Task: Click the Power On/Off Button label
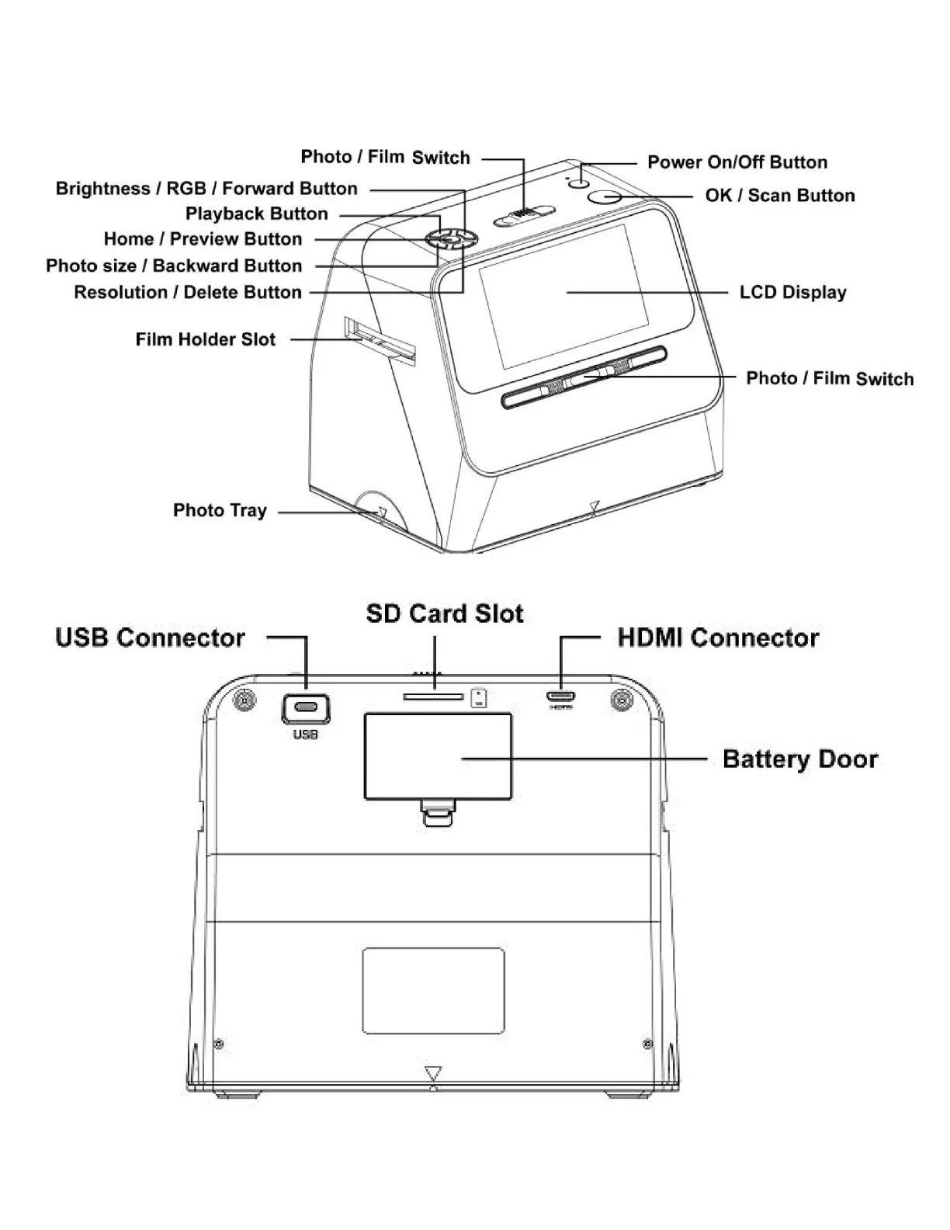point(737,162)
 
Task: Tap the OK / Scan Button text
point(779,196)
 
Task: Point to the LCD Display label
point(792,293)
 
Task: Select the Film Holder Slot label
point(205,339)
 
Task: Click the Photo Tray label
point(220,510)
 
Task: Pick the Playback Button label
point(256,214)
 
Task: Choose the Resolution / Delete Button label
point(187,293)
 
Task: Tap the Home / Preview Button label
point(203,239)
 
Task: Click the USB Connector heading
point(150,638)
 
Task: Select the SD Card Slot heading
point(445,613)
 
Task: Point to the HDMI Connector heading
point(718,638)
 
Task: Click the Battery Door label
point(799,759)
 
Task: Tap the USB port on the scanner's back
point(305,708)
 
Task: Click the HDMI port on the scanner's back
point(560,696)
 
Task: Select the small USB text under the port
point(305,735)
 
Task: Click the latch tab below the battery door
point(437,812)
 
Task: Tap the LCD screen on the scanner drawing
point(563,295)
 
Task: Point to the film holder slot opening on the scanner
point(380,341)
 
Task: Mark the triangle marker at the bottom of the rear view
point(433,1073)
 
